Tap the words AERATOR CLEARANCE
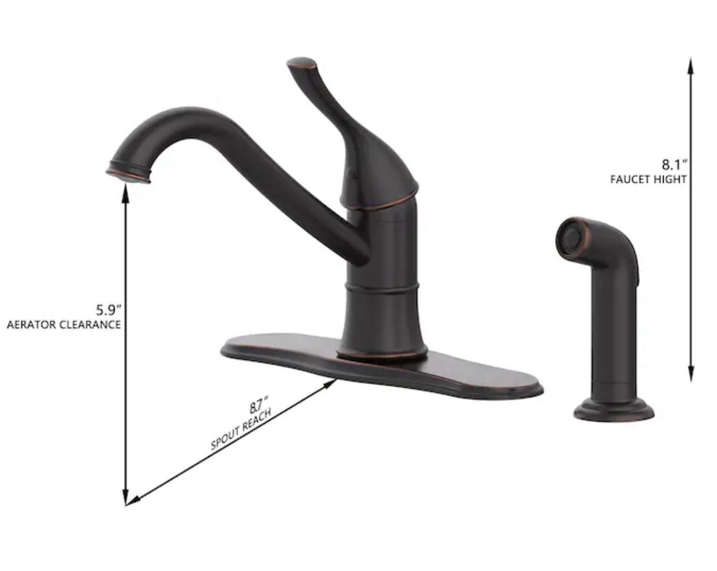tap(63, 325)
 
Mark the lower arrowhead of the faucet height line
tap(691, 374)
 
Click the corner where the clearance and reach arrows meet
tap(127, 503)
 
